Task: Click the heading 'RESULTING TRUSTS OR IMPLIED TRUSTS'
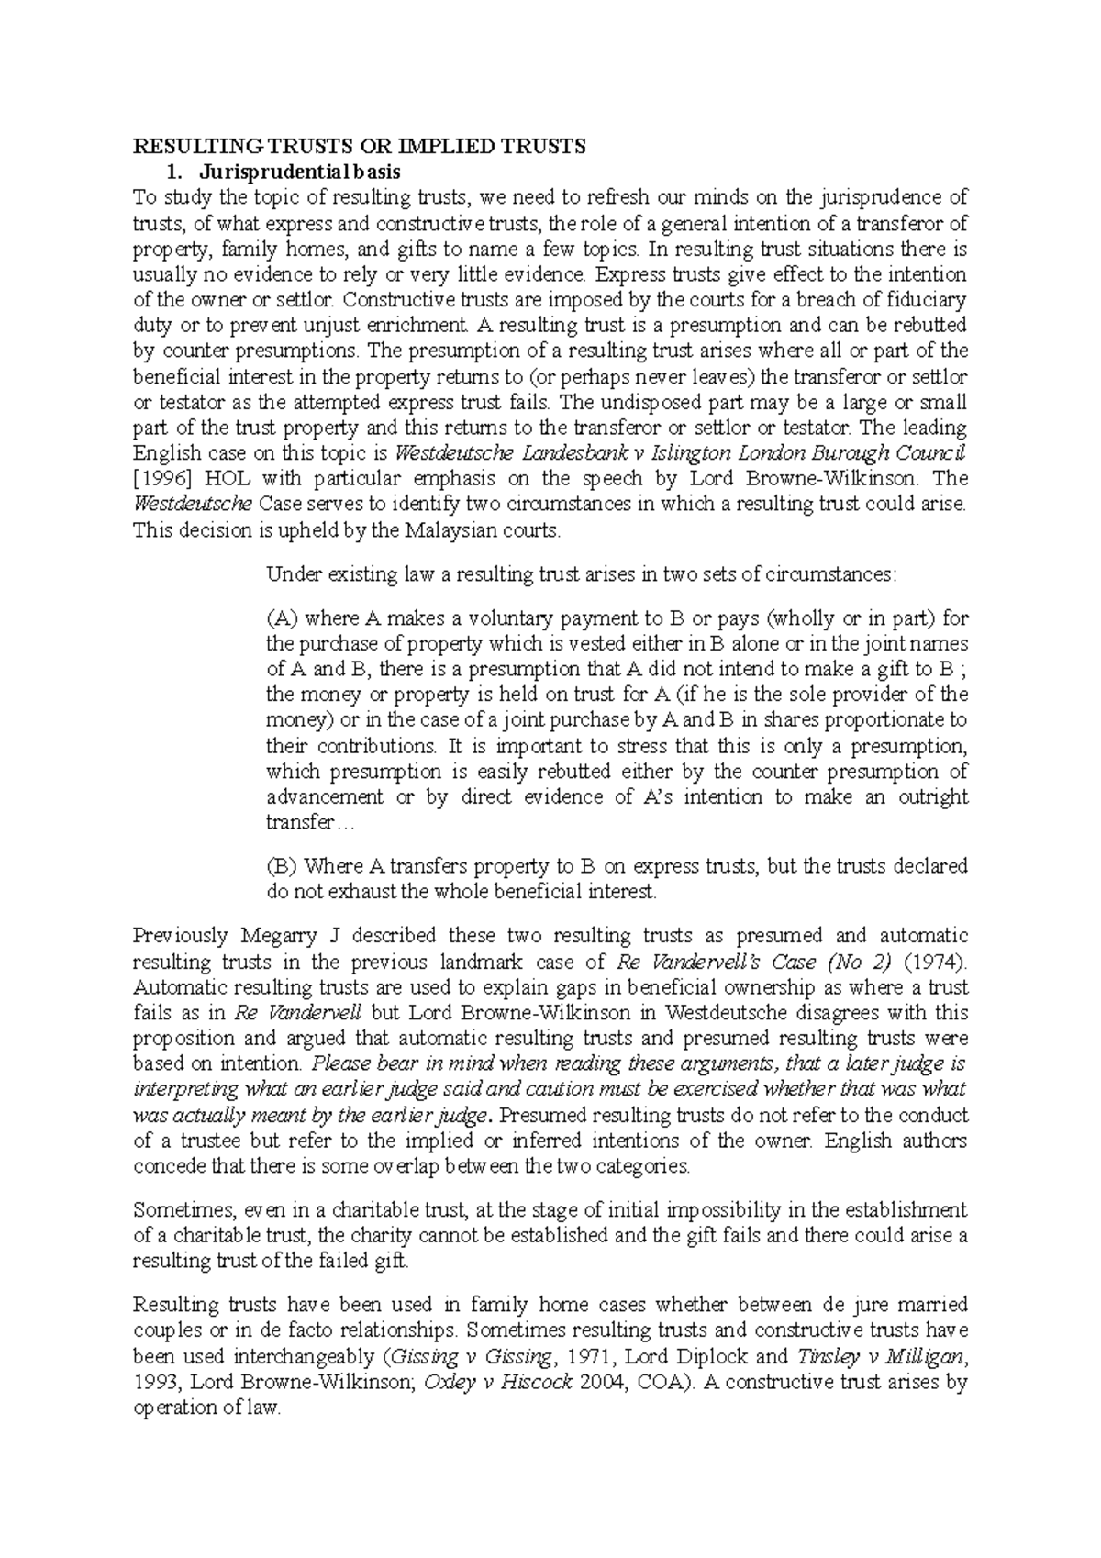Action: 359,147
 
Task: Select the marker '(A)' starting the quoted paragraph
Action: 282,618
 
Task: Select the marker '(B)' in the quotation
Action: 282,866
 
